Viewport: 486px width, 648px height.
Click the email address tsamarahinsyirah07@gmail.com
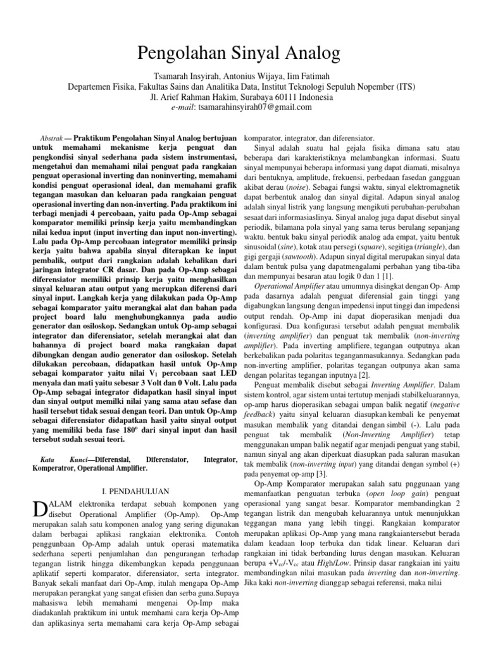point(251,108)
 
